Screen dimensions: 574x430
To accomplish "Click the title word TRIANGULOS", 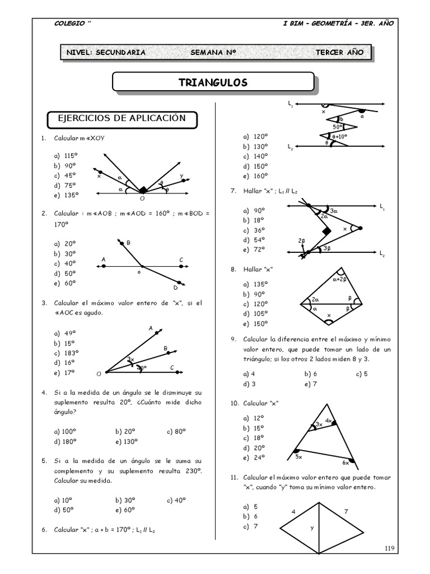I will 213,82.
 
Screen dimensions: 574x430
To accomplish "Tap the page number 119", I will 390,548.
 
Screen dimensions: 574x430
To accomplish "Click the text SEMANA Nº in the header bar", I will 213,53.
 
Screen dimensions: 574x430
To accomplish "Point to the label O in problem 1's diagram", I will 142,198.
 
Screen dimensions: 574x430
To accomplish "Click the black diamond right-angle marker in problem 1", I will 144,189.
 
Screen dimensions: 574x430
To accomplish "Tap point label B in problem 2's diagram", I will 128,243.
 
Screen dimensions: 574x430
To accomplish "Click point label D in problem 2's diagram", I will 175,288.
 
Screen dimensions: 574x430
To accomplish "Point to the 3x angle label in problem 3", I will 130,359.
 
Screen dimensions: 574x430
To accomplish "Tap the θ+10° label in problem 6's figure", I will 340,136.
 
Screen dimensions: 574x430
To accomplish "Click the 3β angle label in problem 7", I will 327,249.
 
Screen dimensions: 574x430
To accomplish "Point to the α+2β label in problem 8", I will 340,279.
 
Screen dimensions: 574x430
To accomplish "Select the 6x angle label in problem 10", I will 345,462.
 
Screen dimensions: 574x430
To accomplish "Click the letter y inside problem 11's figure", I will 312,527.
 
